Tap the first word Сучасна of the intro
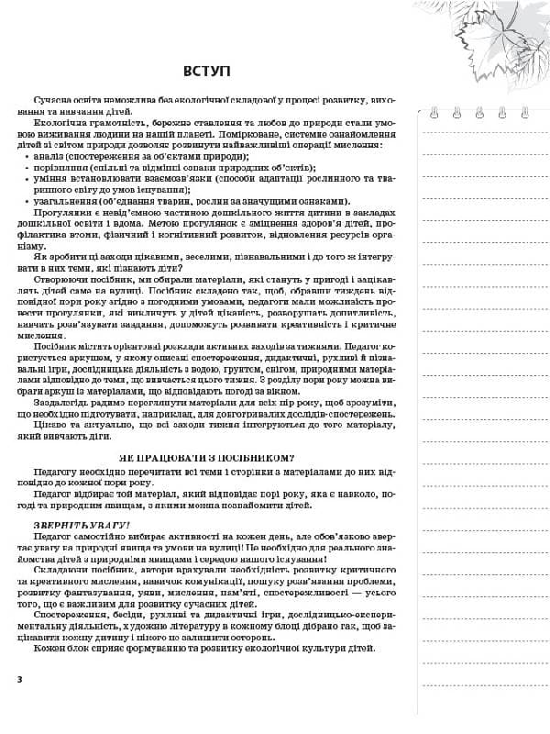[x=52, y=98]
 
